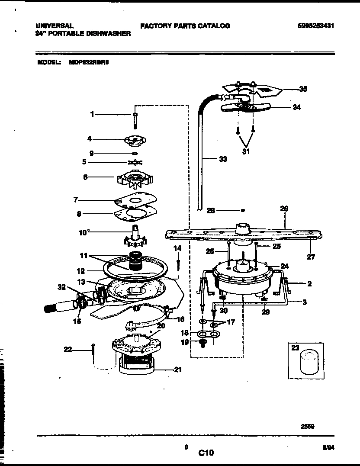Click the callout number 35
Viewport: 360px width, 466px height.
[x=303, y=90]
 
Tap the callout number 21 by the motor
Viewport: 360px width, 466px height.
[x=178, y=370]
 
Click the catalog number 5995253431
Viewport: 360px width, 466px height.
[x=316, y=26]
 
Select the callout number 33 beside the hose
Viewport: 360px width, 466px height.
[x=222, y=159]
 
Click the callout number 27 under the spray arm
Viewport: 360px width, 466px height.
[x=311, y=257]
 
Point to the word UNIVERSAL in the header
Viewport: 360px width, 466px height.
[x=54, y=26]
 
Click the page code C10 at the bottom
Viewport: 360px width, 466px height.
[x=206, y=453]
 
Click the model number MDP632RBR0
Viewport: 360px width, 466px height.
[x=89, y=62]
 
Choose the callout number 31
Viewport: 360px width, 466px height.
[x=246, y=152]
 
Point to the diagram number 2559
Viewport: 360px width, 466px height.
[x=307, y=426]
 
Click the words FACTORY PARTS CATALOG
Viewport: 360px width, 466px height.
[x=185, y=26]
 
